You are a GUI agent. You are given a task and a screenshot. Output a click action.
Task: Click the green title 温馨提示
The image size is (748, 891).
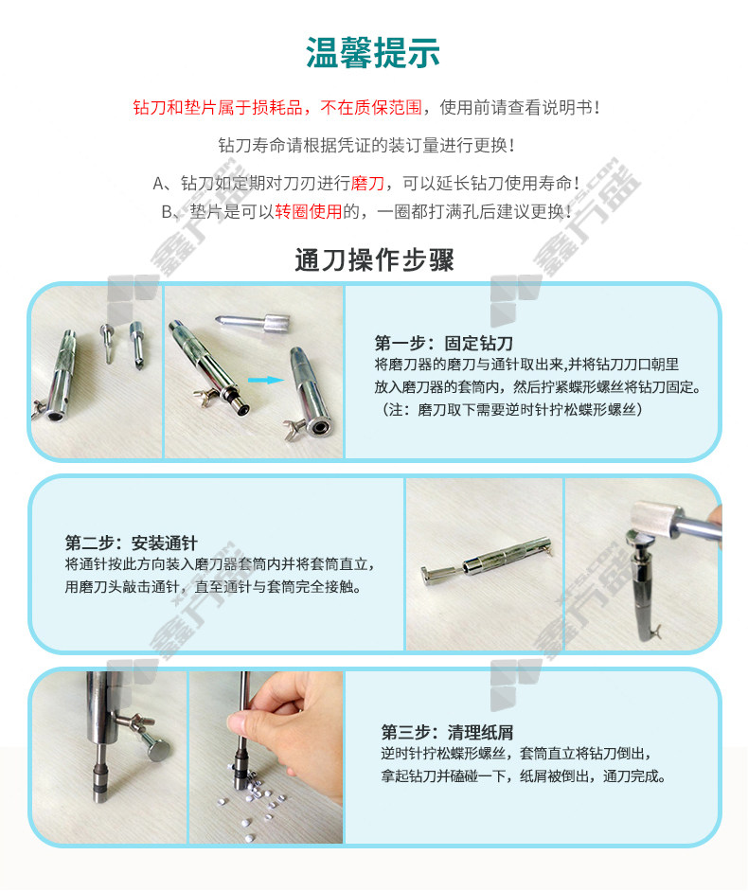click(x=373, y=52)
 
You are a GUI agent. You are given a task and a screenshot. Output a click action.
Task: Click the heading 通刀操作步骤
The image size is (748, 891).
click(x=374, y=260)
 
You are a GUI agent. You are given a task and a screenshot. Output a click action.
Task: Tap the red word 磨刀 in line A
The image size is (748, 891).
click(x=367, y=183)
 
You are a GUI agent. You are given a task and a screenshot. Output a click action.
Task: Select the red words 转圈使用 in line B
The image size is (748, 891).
click(x=309, y=211)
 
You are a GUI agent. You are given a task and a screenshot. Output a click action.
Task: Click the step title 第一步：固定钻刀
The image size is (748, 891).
click(x=443, y=343)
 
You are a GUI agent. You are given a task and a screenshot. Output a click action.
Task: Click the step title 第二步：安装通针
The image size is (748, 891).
click(x=131, y=543)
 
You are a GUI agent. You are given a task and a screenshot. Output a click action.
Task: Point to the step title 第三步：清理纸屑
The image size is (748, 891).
click(x=447, y=732)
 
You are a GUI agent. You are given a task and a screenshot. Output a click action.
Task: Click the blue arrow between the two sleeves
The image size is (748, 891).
click(x=266, y=380)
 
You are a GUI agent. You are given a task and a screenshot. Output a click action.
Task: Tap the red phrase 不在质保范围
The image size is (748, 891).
click(x=371, y=107)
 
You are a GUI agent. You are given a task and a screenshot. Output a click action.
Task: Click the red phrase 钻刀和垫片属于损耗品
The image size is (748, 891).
click(x=218, y=107)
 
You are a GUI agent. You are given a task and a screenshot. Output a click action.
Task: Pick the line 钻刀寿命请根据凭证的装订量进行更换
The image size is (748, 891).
click(x=366, y=145)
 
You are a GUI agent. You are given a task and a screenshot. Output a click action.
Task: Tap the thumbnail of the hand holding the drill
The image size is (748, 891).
click(x=266, y=757)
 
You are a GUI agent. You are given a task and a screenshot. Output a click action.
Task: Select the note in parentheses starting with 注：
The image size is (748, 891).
click(x=510, y=409)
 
